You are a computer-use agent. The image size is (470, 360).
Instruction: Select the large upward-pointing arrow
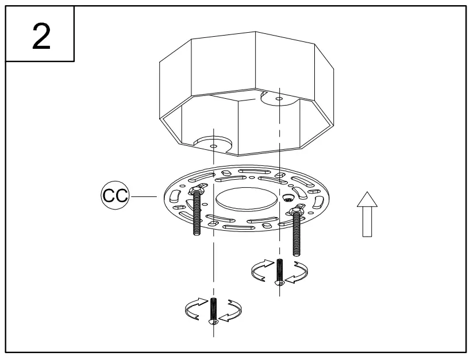[367, 214]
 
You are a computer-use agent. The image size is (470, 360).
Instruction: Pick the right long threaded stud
[297, 233]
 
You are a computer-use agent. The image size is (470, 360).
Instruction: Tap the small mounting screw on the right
[280, 272]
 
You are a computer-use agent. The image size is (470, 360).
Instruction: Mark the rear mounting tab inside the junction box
[279, 98]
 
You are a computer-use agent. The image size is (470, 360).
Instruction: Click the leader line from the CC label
[145, 196]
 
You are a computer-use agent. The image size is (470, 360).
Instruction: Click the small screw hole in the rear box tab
[279, 99]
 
